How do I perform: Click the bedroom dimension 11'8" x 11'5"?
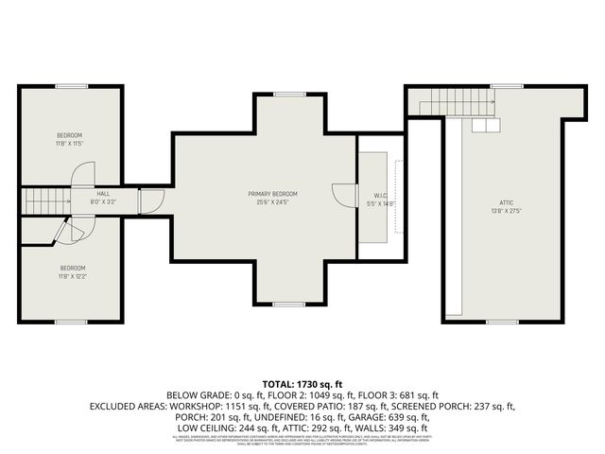[x=70, y=144]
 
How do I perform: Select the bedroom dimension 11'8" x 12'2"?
[x=70, y=276]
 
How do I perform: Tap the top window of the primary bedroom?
[x=287, y=94]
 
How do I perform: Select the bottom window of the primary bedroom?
[x=287, y=304]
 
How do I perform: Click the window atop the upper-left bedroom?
[x=70, y=86]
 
